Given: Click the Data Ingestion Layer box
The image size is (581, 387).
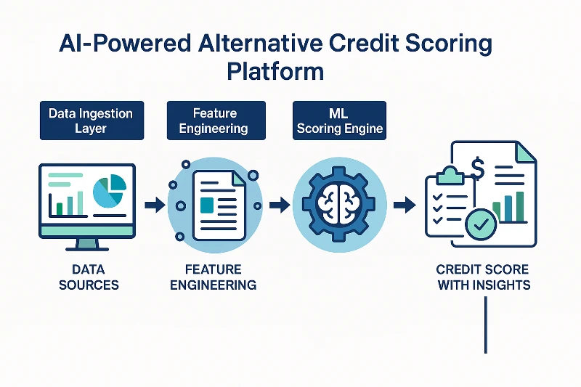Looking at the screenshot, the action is [92, 121].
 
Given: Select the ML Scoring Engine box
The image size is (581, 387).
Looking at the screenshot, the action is [339, 121].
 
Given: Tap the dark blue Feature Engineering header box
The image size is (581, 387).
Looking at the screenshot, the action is [216, 121].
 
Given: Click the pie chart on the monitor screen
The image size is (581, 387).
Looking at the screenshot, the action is [110, 191].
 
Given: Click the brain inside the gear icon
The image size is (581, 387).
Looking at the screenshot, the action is [338, 205].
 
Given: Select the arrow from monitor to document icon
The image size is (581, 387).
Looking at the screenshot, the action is [155, 205].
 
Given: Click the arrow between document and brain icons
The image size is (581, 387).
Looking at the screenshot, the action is [280, 205].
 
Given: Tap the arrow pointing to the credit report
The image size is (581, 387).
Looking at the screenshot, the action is [405, 205].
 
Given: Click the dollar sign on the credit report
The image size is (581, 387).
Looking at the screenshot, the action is [478, 168].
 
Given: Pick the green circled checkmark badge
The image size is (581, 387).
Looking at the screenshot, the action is [481, 224].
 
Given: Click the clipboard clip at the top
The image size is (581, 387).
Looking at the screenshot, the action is [450, 176].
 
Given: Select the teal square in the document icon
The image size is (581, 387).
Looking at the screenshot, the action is [207, 205].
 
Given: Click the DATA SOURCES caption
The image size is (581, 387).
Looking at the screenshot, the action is [89, 277].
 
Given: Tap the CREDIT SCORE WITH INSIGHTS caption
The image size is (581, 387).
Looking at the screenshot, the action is [483, 277].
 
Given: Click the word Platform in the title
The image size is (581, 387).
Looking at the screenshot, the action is [275, 71].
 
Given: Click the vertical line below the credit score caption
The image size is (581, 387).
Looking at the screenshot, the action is [485, 325].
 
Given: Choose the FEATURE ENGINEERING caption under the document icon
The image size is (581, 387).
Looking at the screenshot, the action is [213, 277].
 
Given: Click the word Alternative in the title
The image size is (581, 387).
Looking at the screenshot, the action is [260, 43].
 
